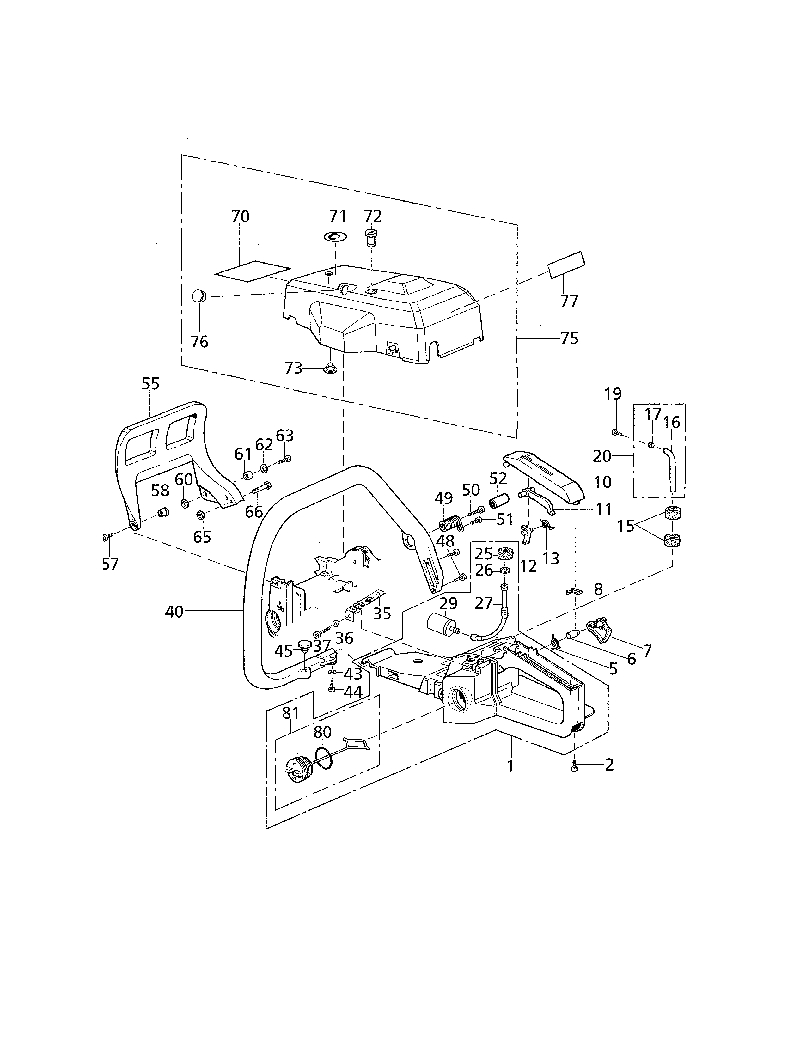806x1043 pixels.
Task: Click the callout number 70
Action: pyautogui.click(x=240, y=217)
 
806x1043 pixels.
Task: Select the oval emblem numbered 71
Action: pyautogui.click(x=336, y=236)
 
